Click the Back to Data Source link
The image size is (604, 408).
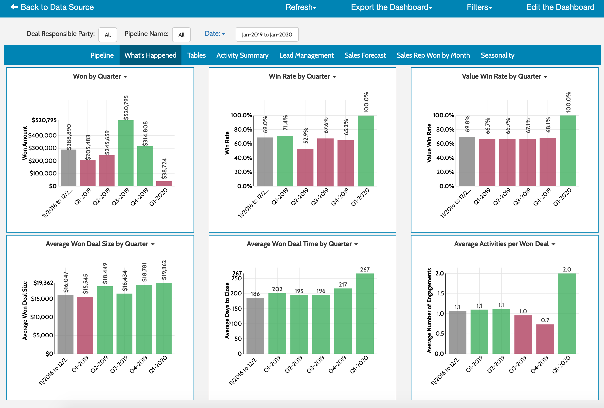point(52,7)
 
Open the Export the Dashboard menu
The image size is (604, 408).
point(391,7)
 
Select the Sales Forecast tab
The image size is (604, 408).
point(365,55)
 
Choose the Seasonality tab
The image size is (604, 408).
point(497,55)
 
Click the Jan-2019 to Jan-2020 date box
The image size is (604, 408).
point(267,34)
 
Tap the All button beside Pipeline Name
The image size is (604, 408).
point(181,35)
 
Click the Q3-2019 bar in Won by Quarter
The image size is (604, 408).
point(126,153)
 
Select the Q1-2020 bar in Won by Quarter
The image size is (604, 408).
point(164,184)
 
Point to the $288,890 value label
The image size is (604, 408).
point(69,137)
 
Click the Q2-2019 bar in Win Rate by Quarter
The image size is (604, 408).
point(305,168)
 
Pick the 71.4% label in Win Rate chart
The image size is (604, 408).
point(285,123)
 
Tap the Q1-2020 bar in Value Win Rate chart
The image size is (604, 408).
point(568,151)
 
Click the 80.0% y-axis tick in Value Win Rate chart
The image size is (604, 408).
point(445,130)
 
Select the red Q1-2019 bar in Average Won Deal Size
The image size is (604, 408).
point(85,325)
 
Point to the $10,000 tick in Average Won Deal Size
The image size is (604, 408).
point(42,317)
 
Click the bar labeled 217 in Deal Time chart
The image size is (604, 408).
point(343,321)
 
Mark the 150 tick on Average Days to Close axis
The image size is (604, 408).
point(237,309)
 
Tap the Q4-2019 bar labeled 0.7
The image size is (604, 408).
point(545,339)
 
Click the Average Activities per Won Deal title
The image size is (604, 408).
point(501,244)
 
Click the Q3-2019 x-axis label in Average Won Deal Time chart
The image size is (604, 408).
point(316,364)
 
